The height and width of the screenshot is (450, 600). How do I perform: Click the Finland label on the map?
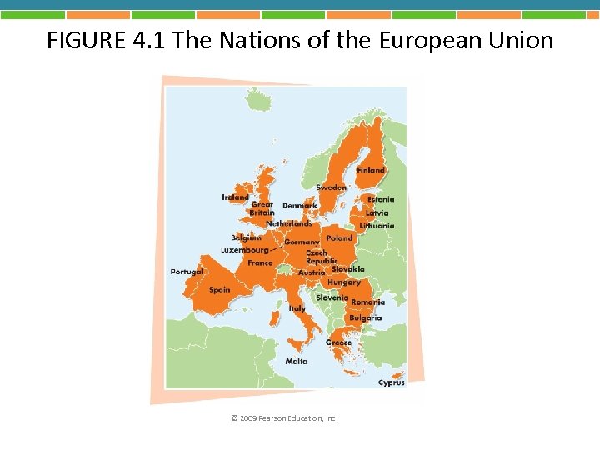[x=371, y=170]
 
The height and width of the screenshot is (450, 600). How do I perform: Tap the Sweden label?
[x=331, y=187]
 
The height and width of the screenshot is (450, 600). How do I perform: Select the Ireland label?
[x=235, y=197]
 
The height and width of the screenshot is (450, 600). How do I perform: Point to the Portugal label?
[x=187, y=272]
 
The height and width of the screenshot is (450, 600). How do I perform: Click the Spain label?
[x=220, y=290]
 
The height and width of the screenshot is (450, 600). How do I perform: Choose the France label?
[x=260, y=262]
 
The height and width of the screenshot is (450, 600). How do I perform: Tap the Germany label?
[x=302, y=242]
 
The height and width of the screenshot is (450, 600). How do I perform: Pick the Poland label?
[x=339, y=237]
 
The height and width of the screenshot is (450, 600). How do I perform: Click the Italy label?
[x=297, y=308]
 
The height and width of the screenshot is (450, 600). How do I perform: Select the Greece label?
[x=338, y=342]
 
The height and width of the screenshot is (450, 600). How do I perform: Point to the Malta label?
[x=297, y=362]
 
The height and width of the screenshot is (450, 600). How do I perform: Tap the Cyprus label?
[x=392, y=382]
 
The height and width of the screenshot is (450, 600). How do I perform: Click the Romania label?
[x=367, y=302]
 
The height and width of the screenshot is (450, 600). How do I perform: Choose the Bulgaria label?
[x=366, y=317]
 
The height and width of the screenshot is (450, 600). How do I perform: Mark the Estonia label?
[x=382, y=199]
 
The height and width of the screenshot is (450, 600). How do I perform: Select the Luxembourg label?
[x=245, y=249]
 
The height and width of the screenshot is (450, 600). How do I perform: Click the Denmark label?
[x=300, y=205]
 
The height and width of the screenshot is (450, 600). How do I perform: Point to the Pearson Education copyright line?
[x=284, y=417]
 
